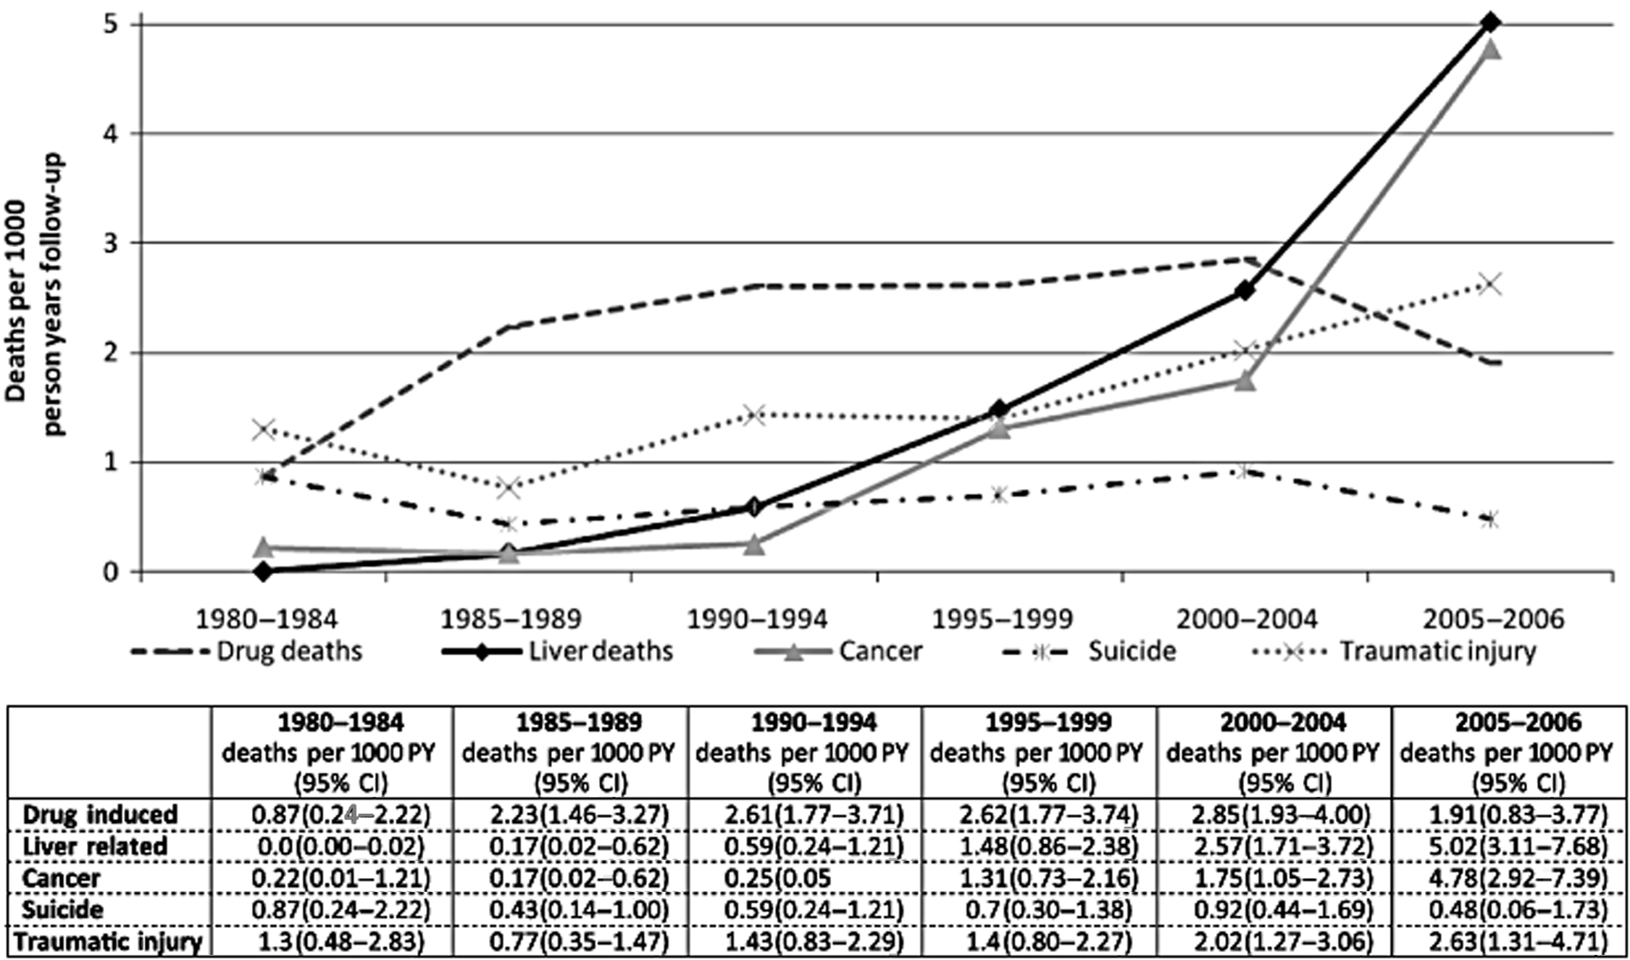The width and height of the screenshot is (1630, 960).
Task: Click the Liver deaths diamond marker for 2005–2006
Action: coord(1490,22)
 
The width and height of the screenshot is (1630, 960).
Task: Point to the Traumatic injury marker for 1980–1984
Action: coord(264,429)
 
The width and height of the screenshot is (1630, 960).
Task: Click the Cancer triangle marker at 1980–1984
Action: coord(264,547)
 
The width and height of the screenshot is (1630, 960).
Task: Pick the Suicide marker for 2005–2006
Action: coord(1490,519)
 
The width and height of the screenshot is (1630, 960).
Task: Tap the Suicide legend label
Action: coord(1132,651)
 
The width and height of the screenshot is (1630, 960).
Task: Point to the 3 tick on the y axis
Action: coord(112,243)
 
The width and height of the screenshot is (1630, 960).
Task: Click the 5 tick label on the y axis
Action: coord(112,24)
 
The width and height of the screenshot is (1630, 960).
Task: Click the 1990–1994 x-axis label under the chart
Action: coord(756,619)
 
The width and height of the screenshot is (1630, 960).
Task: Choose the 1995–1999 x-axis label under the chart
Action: coord(1001,619)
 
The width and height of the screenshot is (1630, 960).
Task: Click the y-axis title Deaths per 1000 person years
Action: coord(35,297)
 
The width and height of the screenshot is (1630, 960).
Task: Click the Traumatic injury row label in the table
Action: coord(109,942)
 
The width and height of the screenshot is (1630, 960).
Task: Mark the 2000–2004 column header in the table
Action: coord(1273,753)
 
